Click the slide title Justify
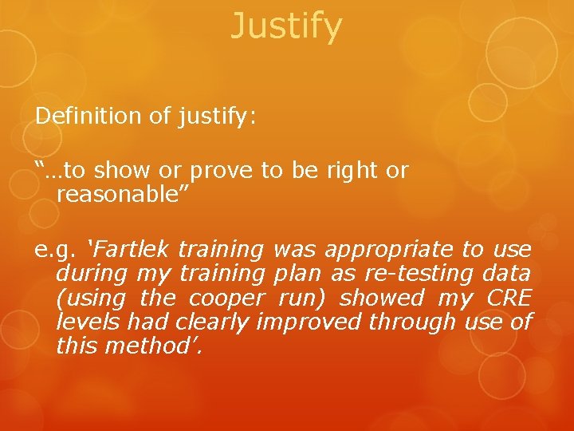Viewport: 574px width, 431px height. (286, 26)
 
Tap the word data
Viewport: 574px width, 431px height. (506, 274)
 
